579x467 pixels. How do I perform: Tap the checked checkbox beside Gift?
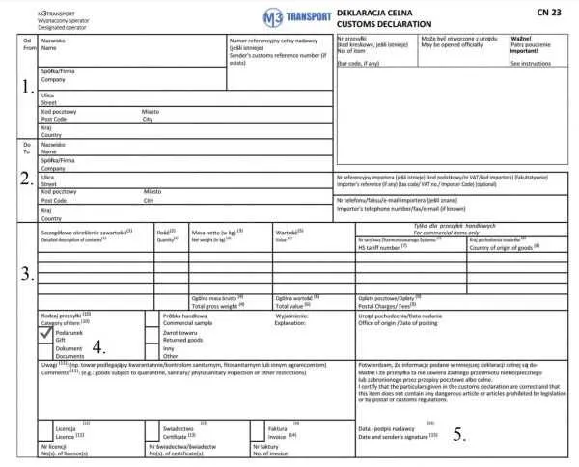(x=46, y=333)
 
